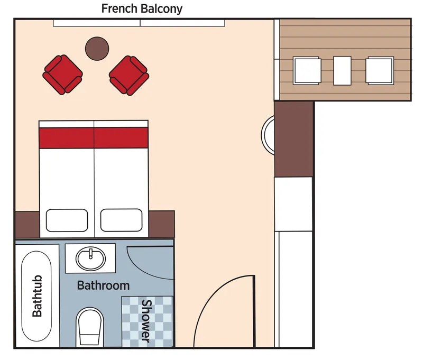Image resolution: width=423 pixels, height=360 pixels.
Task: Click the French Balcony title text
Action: [142, 8]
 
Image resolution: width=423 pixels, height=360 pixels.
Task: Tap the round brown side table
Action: [97, 49]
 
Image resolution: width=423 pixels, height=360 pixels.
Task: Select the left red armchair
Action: [62, 75]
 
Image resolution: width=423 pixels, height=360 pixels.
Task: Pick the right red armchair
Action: [129, 75]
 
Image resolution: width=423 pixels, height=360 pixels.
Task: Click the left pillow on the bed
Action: [67, 220]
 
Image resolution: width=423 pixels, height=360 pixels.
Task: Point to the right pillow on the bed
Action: [122, 220]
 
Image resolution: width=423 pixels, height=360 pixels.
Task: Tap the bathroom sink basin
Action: [90, 259]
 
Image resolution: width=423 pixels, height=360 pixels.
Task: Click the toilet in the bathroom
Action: [90, 328]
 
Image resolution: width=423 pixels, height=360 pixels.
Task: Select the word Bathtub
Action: [37, 296]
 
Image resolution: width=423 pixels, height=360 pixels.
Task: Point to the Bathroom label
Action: [103, 285]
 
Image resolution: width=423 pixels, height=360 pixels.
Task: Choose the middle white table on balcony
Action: [342, 71]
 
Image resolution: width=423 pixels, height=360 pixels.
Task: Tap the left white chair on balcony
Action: [307, 71]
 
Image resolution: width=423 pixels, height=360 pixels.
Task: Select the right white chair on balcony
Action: [380, 71]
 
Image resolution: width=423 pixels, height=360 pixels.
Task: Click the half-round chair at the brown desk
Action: [268, 135]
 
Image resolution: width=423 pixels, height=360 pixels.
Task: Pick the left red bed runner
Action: [67, 138]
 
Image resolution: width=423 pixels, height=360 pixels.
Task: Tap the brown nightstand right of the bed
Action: [161, 224]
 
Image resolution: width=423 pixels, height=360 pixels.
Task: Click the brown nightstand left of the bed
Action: [27, 225]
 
